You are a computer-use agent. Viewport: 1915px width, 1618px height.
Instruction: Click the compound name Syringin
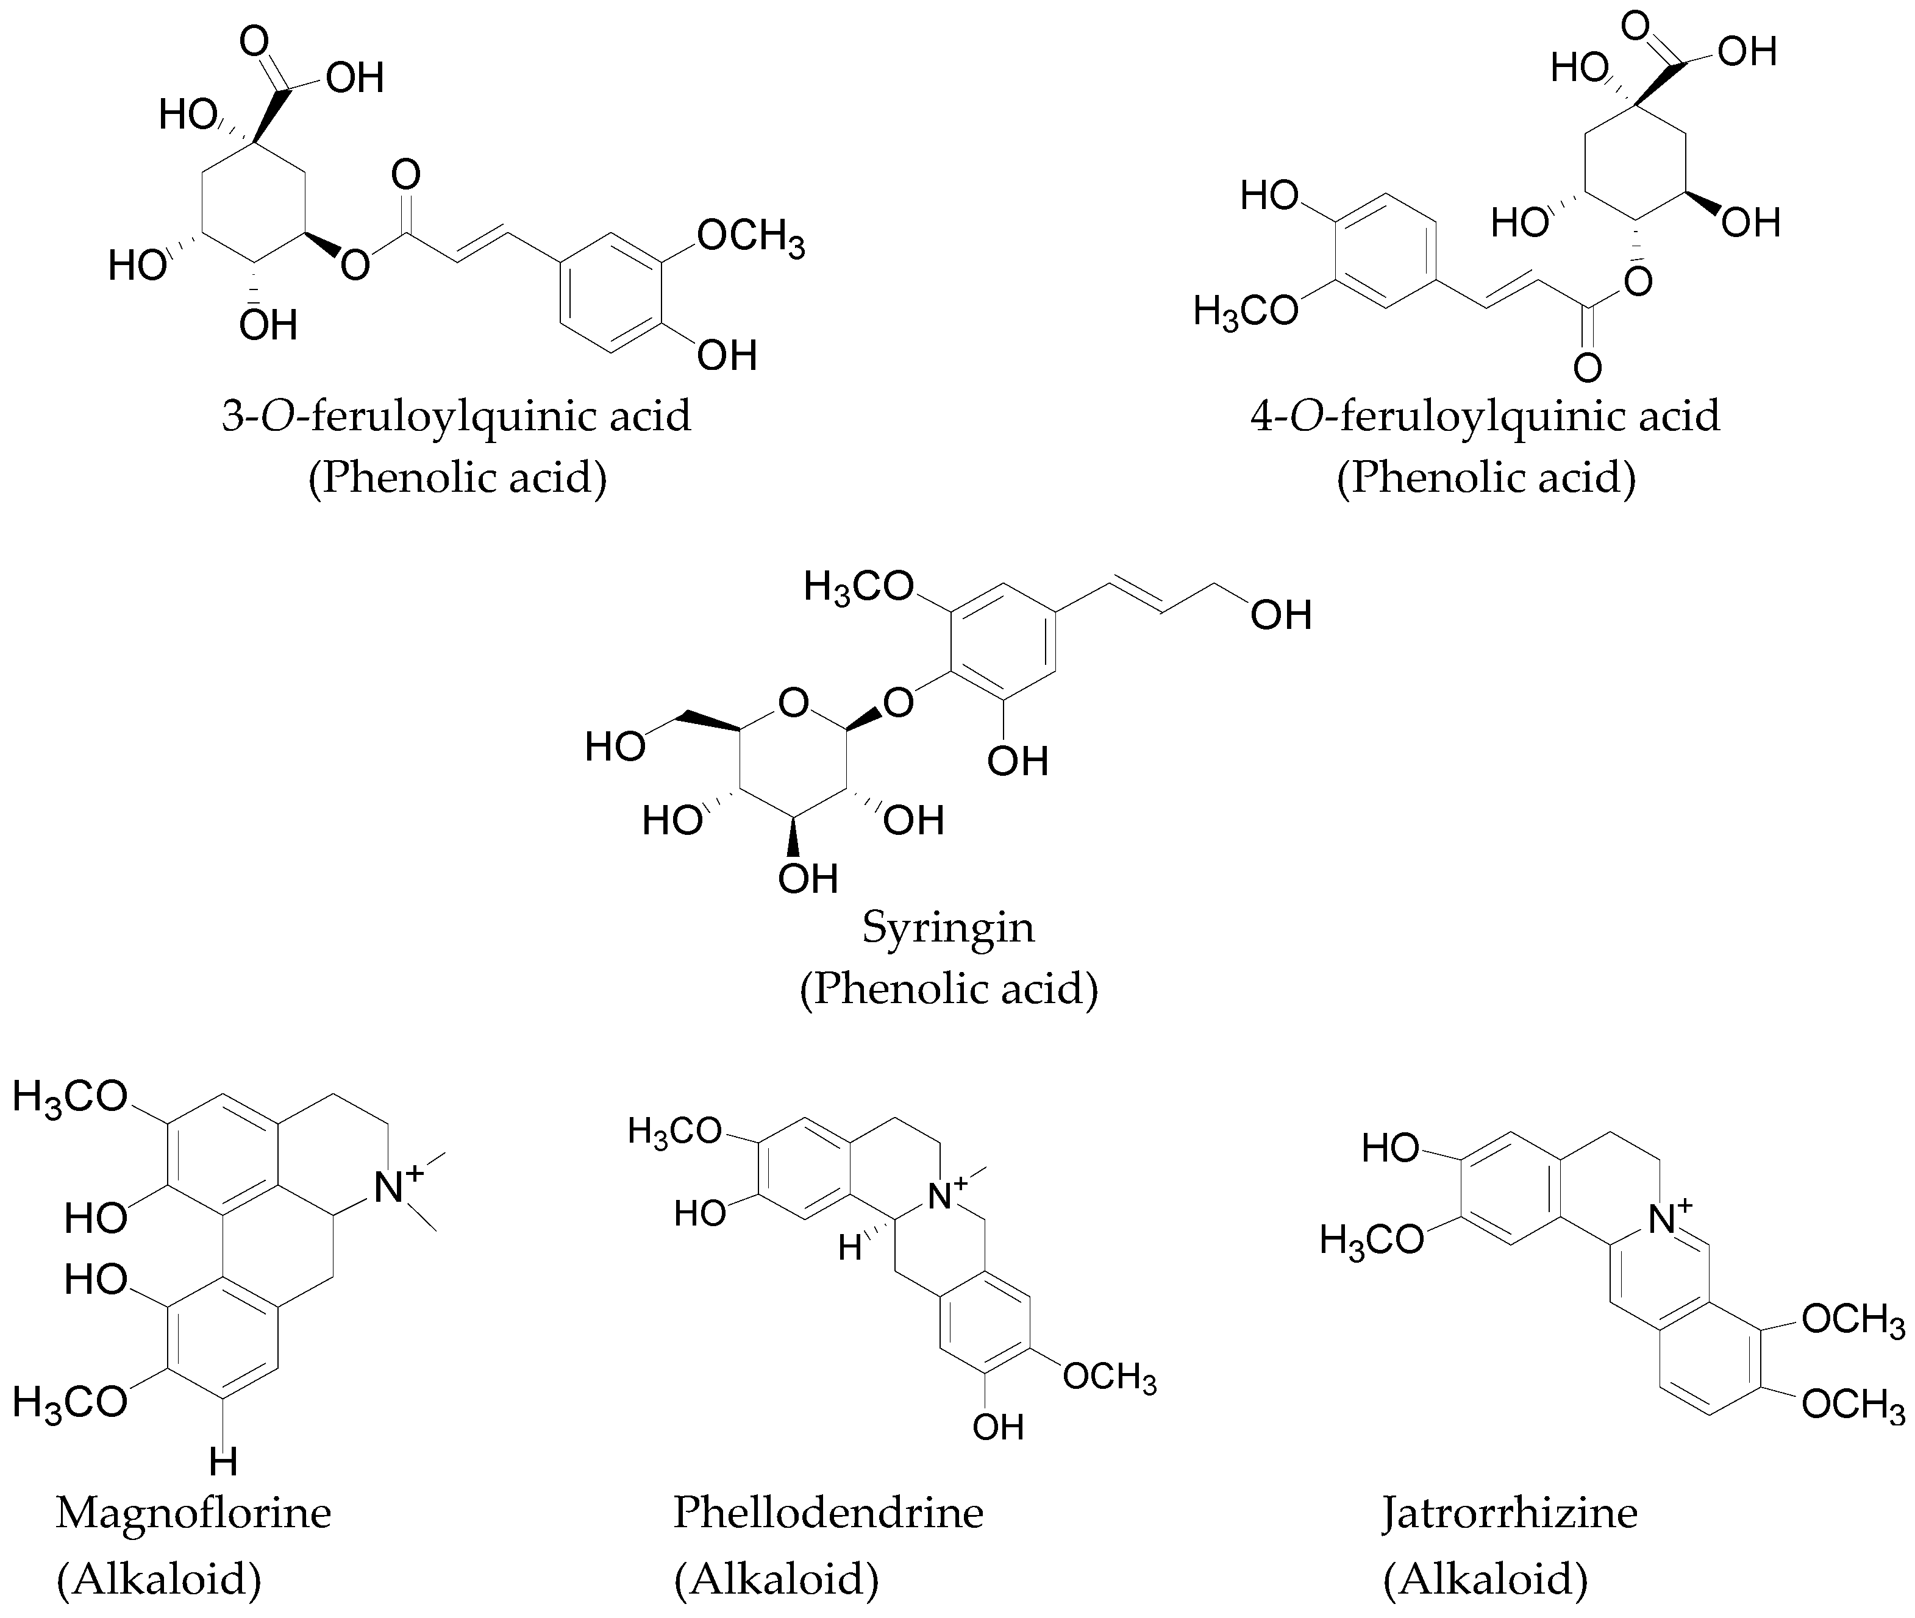coord(948,928)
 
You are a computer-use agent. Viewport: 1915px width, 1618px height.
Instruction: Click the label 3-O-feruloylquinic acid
coord(456,416)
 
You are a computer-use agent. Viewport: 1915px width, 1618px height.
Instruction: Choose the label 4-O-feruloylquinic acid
coord(1485,416)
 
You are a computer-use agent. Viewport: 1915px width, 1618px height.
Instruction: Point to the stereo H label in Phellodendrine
coord(850,1248)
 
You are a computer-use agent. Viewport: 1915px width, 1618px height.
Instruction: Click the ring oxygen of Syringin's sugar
coord(793,703)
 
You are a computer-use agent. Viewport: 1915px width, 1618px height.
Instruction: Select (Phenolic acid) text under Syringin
coord(948,988)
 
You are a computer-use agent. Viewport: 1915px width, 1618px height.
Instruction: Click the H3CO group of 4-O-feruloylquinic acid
coord(1245,313)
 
